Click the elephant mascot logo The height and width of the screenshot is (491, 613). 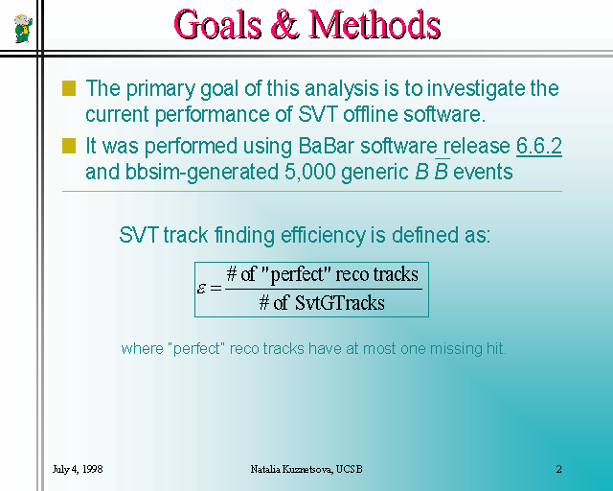coord(23,28)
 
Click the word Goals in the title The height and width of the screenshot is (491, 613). coord(217,25)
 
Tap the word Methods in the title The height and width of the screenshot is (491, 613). coord(375,25)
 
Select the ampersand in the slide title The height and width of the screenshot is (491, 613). coord(285,25)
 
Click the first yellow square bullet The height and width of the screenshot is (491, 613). coord(69,88)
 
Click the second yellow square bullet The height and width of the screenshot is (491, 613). coord(69,146)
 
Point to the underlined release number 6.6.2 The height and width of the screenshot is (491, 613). coord(539,146)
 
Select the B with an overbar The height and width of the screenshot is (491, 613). coord(441,171)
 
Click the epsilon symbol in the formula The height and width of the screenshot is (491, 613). coord(201,289)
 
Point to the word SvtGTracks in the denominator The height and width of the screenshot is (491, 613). coord(340,303)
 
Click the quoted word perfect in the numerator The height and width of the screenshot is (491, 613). coord(298,274)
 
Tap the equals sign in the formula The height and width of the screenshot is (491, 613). coord(216,289)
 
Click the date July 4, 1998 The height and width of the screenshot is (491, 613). coord(78,469)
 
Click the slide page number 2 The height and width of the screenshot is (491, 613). coord(558,469)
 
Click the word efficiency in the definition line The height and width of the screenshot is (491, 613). coord(323,236)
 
